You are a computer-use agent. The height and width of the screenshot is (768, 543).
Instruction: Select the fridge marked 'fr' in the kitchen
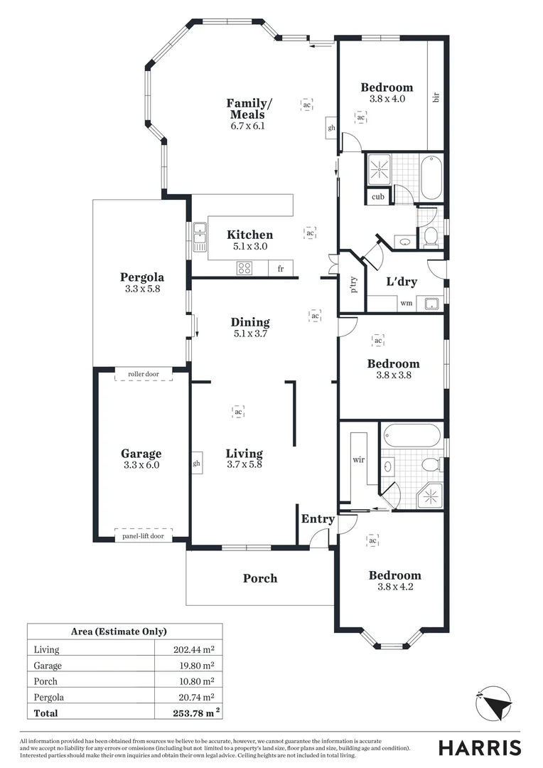click(281, 269)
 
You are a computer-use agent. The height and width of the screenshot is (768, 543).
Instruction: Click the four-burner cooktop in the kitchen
click(245, 269)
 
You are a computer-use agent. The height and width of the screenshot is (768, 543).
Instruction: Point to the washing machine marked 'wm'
click(406, 304)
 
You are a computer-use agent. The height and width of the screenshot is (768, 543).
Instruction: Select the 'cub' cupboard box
click(377, 197)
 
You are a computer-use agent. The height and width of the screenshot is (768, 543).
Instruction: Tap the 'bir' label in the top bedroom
click(436, 96)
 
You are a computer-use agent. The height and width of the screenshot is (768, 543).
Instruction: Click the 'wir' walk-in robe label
click(358, 459)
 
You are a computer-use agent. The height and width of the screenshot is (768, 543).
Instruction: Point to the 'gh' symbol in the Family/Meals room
click(331, 128)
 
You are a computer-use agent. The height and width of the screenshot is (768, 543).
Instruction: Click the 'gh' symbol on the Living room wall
click(197, 463)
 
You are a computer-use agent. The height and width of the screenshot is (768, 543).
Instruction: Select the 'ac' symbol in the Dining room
click(315, 314)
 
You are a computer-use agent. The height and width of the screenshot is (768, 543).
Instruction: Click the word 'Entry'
click(318, 519)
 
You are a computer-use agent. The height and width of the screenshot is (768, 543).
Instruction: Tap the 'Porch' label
click(260, 578)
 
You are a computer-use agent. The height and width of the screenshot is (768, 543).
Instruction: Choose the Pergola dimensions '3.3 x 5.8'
click(141, 289)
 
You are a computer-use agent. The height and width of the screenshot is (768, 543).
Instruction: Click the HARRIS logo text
click(479, 747)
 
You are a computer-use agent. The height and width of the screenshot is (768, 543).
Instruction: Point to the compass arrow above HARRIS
click(495, 705)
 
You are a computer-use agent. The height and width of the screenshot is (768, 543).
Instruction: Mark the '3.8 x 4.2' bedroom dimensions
click(394, 587)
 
